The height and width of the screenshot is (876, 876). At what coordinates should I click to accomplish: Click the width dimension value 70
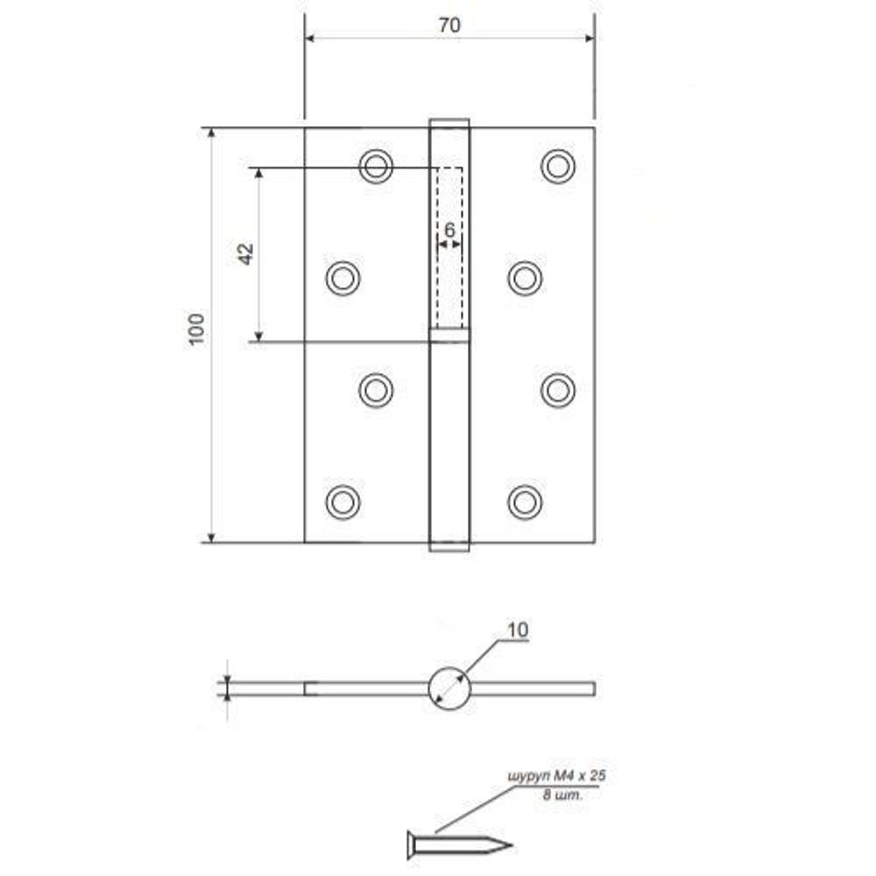(x=449, y=25)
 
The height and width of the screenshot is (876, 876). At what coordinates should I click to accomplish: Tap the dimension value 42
(x=246, y=254)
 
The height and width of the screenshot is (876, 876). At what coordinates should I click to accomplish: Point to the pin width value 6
(x=449, y=230)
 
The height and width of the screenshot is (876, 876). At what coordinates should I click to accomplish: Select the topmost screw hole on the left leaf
(x=376, y=166)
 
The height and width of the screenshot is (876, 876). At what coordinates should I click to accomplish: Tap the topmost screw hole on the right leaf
(x=558, y=166)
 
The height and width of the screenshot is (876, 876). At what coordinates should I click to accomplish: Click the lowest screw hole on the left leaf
(x=343, y=501)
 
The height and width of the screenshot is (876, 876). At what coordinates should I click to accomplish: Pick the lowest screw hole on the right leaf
(x=525, y=501)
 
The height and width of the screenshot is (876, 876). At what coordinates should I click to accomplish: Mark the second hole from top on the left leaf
(x=343, y=278)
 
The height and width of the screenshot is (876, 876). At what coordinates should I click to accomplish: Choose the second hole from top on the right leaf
(x=525, y=278)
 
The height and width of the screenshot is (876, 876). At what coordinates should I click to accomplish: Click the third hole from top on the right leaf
(x=558, y=390)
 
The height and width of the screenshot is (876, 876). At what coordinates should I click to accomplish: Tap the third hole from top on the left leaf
(x=376, y=390)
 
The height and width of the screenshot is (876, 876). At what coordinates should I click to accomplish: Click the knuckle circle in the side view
(x=449, y=688)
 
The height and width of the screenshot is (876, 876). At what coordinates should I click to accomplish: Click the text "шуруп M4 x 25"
(x=556, y=776)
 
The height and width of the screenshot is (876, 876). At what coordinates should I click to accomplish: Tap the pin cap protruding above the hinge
(x=449, y=123)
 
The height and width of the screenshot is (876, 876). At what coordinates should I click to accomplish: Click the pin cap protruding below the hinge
(x=449, y=547)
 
